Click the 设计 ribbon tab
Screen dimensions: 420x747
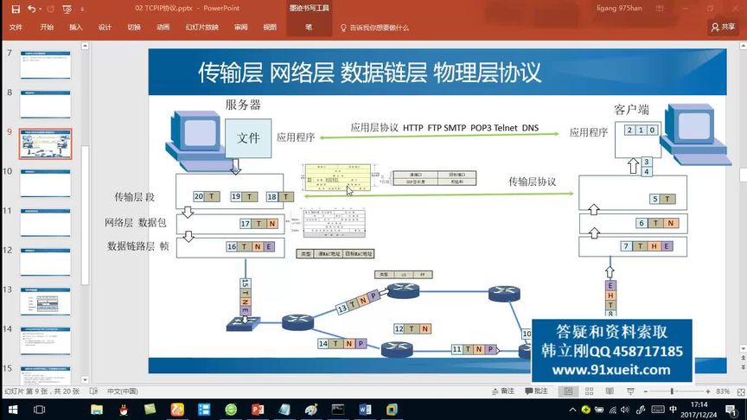105,27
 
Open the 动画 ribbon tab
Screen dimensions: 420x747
163,27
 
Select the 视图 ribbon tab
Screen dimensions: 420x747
269,27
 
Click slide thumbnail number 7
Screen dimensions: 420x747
45,65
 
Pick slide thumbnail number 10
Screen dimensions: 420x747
45,182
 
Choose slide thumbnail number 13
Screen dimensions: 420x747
45,301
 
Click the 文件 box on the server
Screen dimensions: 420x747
248,137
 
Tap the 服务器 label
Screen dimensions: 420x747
243,105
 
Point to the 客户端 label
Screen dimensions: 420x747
631,110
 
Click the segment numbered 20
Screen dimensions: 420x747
206,197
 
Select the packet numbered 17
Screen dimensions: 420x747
258,224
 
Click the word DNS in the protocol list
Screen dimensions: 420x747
530,128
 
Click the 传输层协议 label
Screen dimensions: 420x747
532,181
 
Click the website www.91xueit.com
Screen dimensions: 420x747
611,370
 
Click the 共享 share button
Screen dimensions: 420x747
723,27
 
